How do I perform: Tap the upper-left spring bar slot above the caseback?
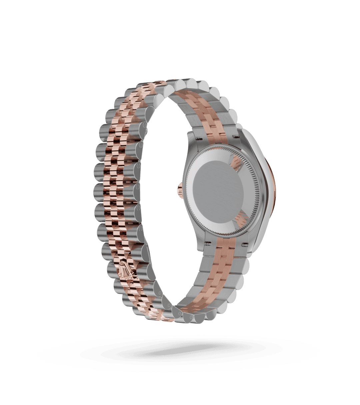[200, 136]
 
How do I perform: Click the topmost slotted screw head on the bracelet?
[145, 126]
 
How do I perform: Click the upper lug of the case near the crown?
[192, 140]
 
